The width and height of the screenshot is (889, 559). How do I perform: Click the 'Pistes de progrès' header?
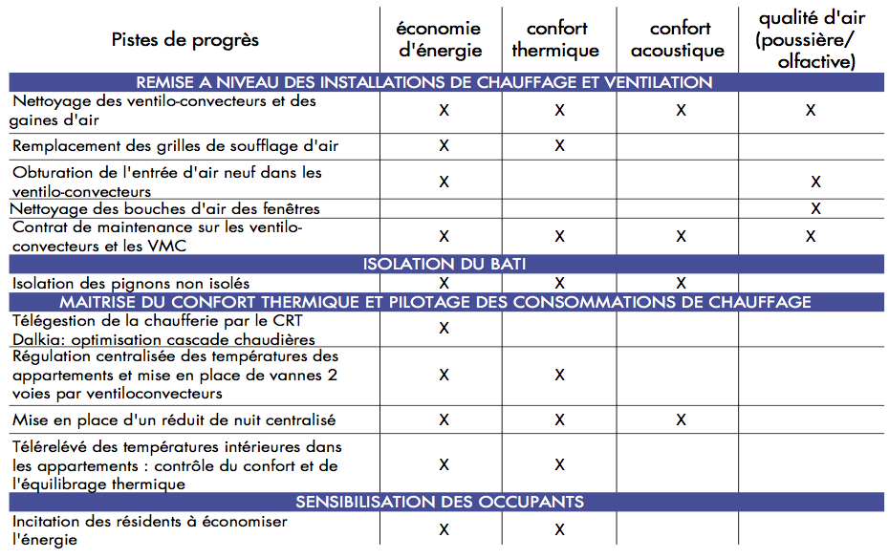(184, 39)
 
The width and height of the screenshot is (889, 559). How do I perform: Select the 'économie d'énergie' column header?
(440, 39)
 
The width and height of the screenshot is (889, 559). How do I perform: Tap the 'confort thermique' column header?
(556, 39)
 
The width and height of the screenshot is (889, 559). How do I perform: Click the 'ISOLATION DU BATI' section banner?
(444, 264)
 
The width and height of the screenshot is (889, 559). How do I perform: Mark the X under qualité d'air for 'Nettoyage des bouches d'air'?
(815, 208)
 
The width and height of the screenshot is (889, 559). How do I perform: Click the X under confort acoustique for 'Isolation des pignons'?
(681, 283)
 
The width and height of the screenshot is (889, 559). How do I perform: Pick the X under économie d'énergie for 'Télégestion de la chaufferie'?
(444, 328)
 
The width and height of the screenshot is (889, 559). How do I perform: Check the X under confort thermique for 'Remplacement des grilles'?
(559, 146)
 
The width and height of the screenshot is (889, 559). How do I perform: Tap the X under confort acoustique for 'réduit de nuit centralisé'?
(681, 419)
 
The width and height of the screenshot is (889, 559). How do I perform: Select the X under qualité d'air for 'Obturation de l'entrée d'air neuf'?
(815, 182)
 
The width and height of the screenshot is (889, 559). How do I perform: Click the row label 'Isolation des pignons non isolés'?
(131, 283)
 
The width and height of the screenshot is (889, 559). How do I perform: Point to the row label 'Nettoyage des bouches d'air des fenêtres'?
(165, 208)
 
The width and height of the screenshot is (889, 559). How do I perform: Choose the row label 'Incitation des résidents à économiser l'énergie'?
(149, 530)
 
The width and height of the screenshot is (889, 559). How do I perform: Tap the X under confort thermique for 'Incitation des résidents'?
(559, 529)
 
